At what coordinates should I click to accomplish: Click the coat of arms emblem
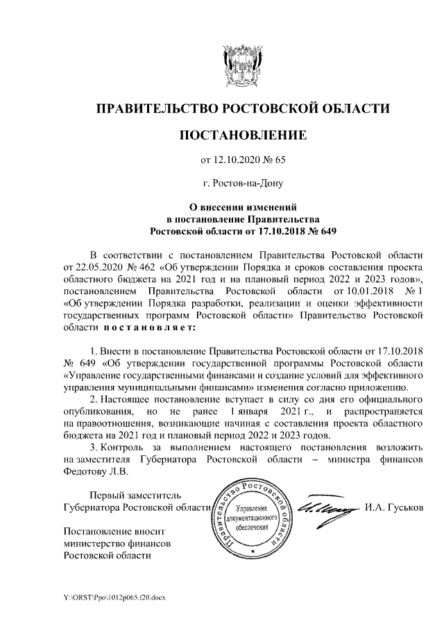click(242, 65)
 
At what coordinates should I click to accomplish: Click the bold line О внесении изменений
click(243, 207)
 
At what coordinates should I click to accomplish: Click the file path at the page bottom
click(114, 596)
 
